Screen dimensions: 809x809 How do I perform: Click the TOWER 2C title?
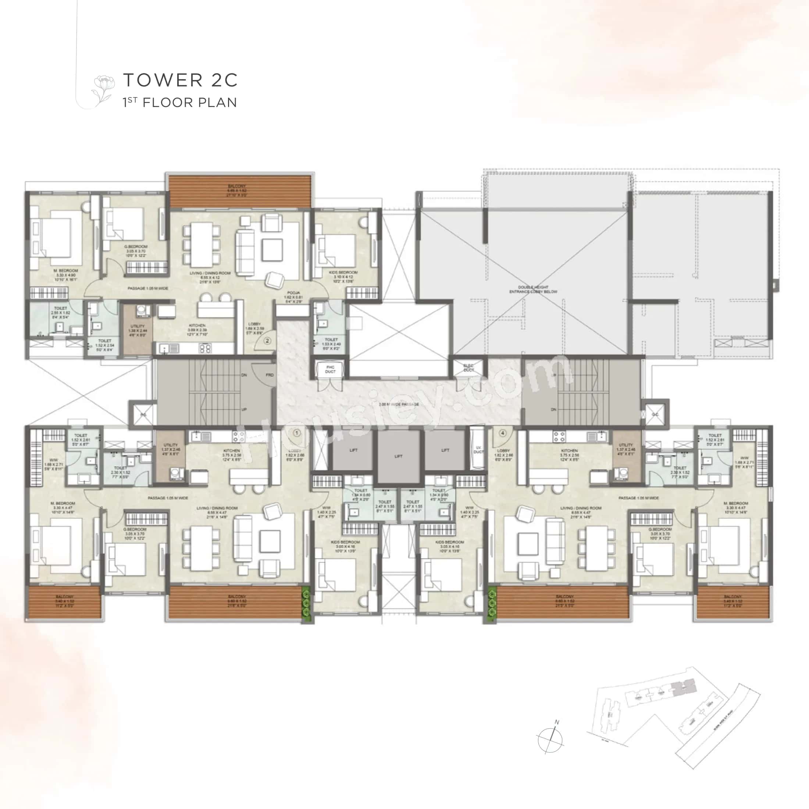click(x=180, y=80)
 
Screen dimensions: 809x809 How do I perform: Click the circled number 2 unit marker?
click(x=267, y=341)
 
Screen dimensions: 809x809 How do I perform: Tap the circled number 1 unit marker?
click(x=297, y=432)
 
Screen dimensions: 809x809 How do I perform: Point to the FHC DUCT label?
click(x=330, y=369)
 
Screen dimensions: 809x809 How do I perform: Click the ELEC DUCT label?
click(x=468, y=368)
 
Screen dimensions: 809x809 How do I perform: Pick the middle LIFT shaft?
click(x=398, y=456)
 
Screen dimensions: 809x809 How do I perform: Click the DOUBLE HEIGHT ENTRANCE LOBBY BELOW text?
click(x=533, y=289)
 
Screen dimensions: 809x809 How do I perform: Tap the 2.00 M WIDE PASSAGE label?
click(x=399, y=404)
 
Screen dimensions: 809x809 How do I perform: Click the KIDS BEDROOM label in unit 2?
click(x=343, y=275)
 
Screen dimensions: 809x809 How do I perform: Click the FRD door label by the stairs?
click(x=269, y=375)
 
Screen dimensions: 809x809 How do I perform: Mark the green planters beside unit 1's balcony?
click(x=307, y=603)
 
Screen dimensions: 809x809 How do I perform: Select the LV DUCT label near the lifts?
click(x=478, y=450)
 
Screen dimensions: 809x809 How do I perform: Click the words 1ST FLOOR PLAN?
click(x=180, y=103)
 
